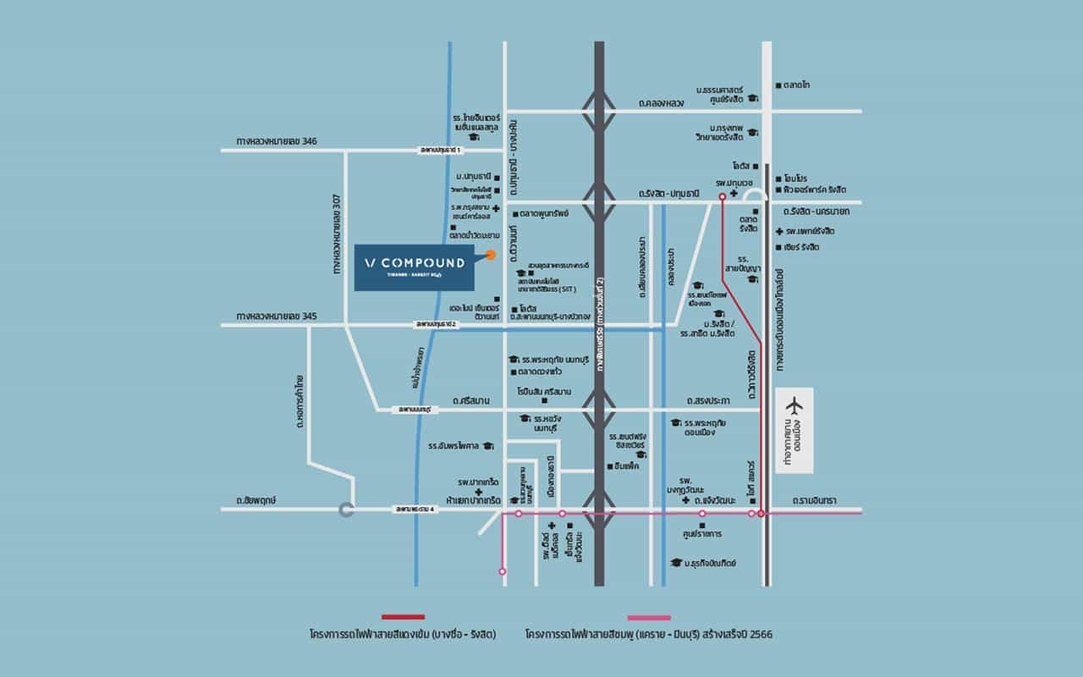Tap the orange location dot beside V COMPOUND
coord(490,254)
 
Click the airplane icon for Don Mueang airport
coord(794,405)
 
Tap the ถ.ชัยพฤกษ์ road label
coord(257,501)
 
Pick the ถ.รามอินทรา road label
coord(814,501)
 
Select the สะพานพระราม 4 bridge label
coord(418,509)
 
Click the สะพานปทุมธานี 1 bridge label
coord(443,151)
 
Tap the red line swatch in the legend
coord(403,617)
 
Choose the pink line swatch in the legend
coord(649,618)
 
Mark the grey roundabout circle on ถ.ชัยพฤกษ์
coord(345,509)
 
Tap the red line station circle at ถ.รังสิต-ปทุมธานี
coord(722,196)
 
